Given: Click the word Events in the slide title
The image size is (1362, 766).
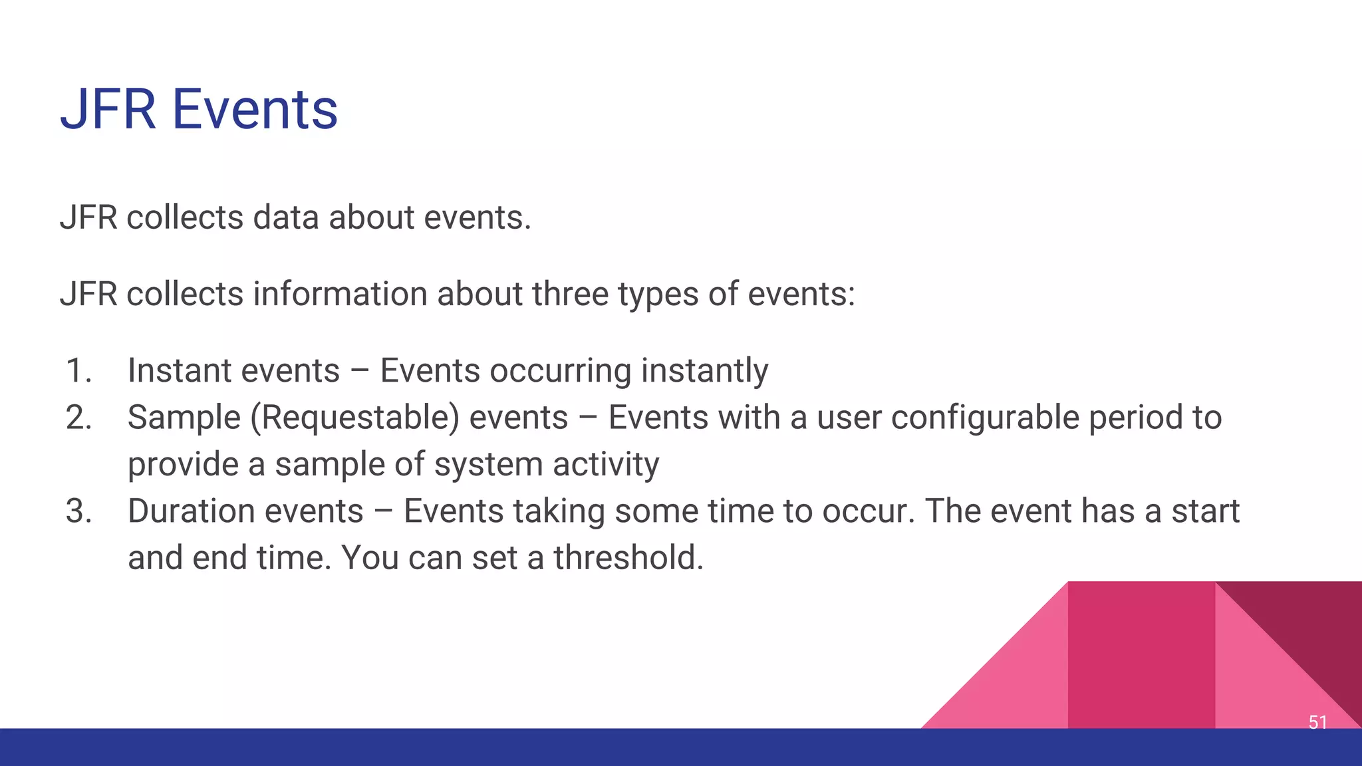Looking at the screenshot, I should tap(255, 110).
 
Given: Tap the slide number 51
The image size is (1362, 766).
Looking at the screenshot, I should tap(1317, 722).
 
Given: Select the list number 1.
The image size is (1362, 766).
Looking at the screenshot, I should tap(78, 370).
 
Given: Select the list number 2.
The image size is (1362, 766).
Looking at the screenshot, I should tap(78, 418).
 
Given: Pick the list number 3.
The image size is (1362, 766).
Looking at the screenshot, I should tap(78, 511).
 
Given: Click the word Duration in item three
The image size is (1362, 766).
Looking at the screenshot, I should tap(191, 511).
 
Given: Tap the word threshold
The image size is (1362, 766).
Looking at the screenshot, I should tap(628, 557).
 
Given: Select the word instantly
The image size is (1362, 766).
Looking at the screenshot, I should tap(704, 371).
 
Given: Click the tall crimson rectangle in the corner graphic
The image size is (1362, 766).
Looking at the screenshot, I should tap(1141, 655).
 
